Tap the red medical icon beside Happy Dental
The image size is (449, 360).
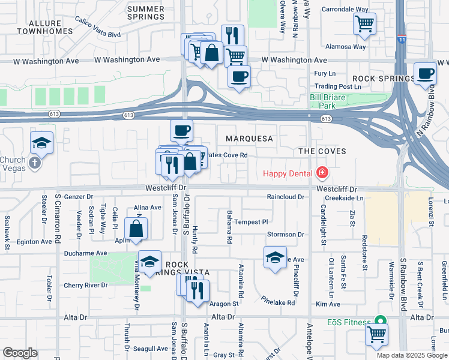pyautogui.click(x=322, y=174)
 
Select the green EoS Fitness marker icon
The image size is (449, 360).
pyautogui.click(x=379, y=322)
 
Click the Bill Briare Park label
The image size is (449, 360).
pyautogui.click(x=330, y=100)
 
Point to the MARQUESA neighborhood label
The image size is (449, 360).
pyautogui.click(x=249, y=139)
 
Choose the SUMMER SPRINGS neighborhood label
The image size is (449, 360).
pyautogui.click(x=146, y=13)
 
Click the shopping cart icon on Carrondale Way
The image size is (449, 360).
pyautogui.click(x=364, y=24)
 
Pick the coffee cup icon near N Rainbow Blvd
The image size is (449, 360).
pyautogui.click(x=426, y=73)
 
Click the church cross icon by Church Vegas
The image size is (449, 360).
pyautogui.click(x=35, y=162)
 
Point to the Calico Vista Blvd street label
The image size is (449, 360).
pyautogui.click(x=98, y=27)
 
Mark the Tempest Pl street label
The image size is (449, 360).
pyautogui.click(x=250, y=222)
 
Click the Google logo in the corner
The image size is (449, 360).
pyautogui.click(x=20, y=353)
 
